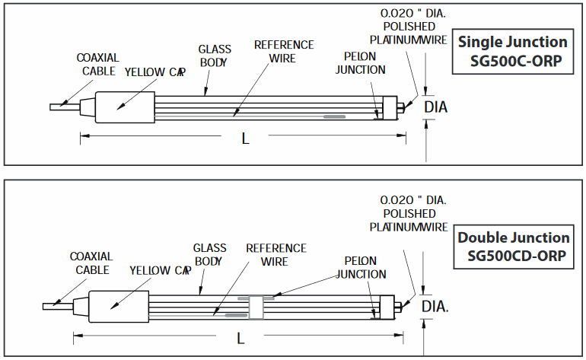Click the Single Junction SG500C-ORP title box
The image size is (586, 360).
coord(512,52)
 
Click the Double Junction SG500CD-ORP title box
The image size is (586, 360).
coord(513,247)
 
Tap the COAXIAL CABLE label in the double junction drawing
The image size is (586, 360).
coord(91,263)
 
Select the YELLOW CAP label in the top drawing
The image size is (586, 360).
coord(154,72)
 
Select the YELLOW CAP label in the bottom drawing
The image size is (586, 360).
coord(159,270)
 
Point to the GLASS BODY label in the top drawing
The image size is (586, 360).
coord(215,56)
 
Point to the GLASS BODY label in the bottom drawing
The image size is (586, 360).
coord(209,255)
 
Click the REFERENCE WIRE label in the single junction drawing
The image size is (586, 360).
coord(284,51)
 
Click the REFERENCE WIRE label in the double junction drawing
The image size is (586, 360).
coord(275,255)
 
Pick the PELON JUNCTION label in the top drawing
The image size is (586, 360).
coord(365,63)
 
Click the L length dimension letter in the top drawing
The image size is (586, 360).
coord(245,138)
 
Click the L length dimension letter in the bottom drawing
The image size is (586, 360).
coord(240,336)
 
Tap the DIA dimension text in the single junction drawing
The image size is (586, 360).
coord(435,107)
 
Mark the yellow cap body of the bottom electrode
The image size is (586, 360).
coord(118,306)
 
